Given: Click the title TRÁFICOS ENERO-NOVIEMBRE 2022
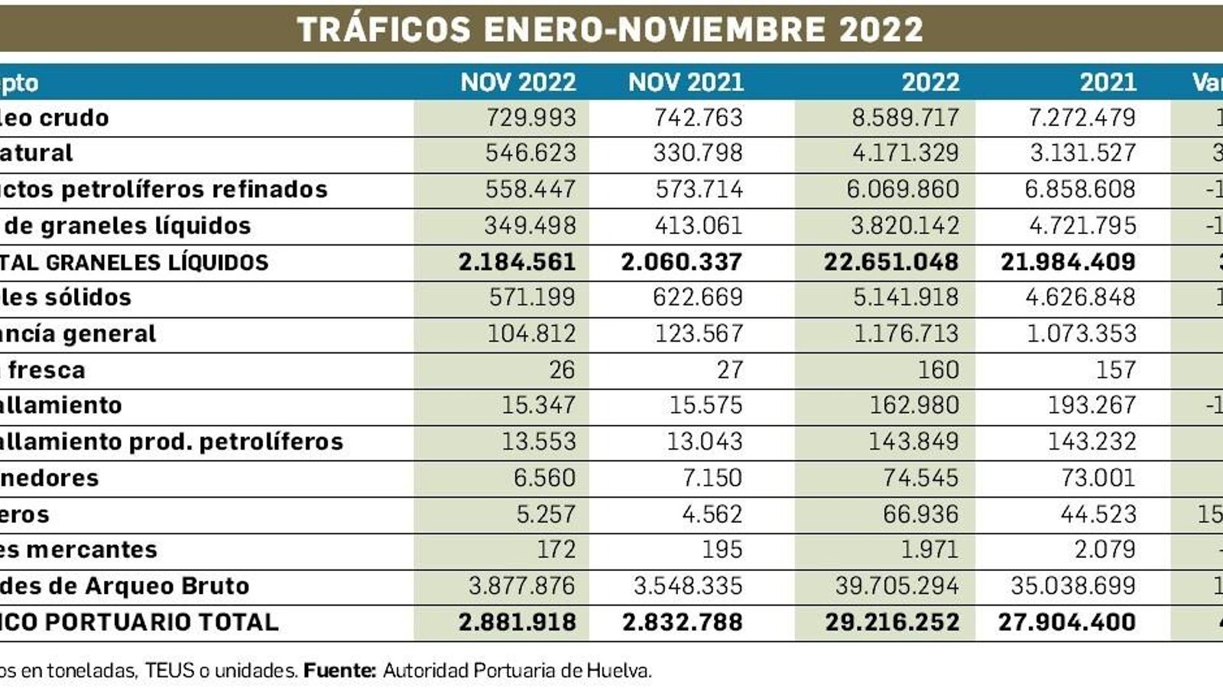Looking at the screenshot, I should click(x=610, y=30).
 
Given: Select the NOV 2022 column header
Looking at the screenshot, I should click(x=517, y=83).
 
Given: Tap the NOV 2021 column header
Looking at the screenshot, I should click(x=686, y=83).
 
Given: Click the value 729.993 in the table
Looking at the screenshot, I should click(x=530, y=118).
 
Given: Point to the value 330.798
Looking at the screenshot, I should click(x=697, y=153).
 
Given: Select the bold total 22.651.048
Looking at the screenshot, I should click(x=890, y=262).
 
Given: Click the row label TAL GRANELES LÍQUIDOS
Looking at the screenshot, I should click(x=134, y=263).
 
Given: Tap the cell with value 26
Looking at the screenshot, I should click(x=561, y=370).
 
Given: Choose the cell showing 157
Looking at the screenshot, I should click(x=1115, y=370).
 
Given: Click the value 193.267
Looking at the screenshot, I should click(x=1092, y=405).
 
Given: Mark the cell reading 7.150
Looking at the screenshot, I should click(x=712, y=478).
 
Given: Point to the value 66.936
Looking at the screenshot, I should click(x=920, y=514).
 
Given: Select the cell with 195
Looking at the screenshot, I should click(x=722, y=550).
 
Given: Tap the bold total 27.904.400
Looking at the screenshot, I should click(x=1066, y=622).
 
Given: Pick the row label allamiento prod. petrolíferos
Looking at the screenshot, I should click(x=171, y=442).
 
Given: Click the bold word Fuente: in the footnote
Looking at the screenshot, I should click(x=340, y=671).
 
